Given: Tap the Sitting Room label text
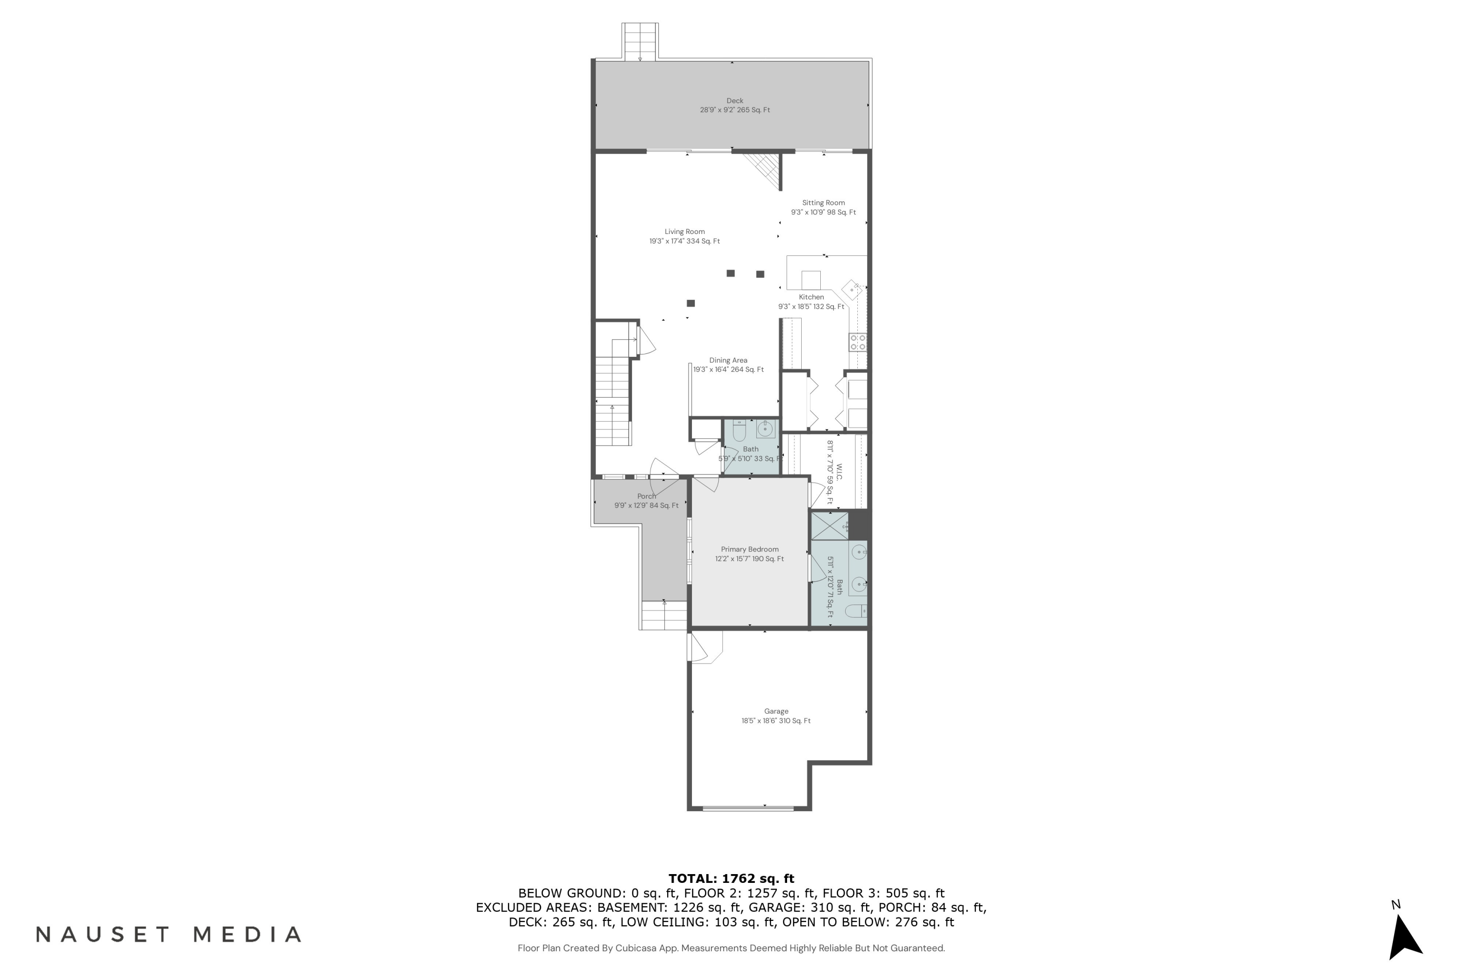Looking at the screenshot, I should [823, 203].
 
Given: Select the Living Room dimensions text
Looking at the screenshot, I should [684, 241].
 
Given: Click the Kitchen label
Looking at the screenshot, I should [811, 297].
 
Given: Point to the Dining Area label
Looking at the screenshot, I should [728, 360].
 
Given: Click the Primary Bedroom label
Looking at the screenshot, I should [750, 549].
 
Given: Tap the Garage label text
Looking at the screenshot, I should [776, 711].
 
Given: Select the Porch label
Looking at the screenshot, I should [646, 496].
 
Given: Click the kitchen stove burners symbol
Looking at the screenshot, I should [858, 342].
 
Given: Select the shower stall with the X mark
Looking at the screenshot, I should [829, 526].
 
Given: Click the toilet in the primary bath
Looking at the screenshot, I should [856, 611].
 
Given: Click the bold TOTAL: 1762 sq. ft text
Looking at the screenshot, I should [731, 878].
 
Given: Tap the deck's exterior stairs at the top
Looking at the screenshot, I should [640, 41].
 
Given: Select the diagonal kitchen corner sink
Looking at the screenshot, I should [851, 290].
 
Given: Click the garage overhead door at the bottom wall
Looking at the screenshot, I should [748, 808].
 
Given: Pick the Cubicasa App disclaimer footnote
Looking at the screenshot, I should [731, 948].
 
